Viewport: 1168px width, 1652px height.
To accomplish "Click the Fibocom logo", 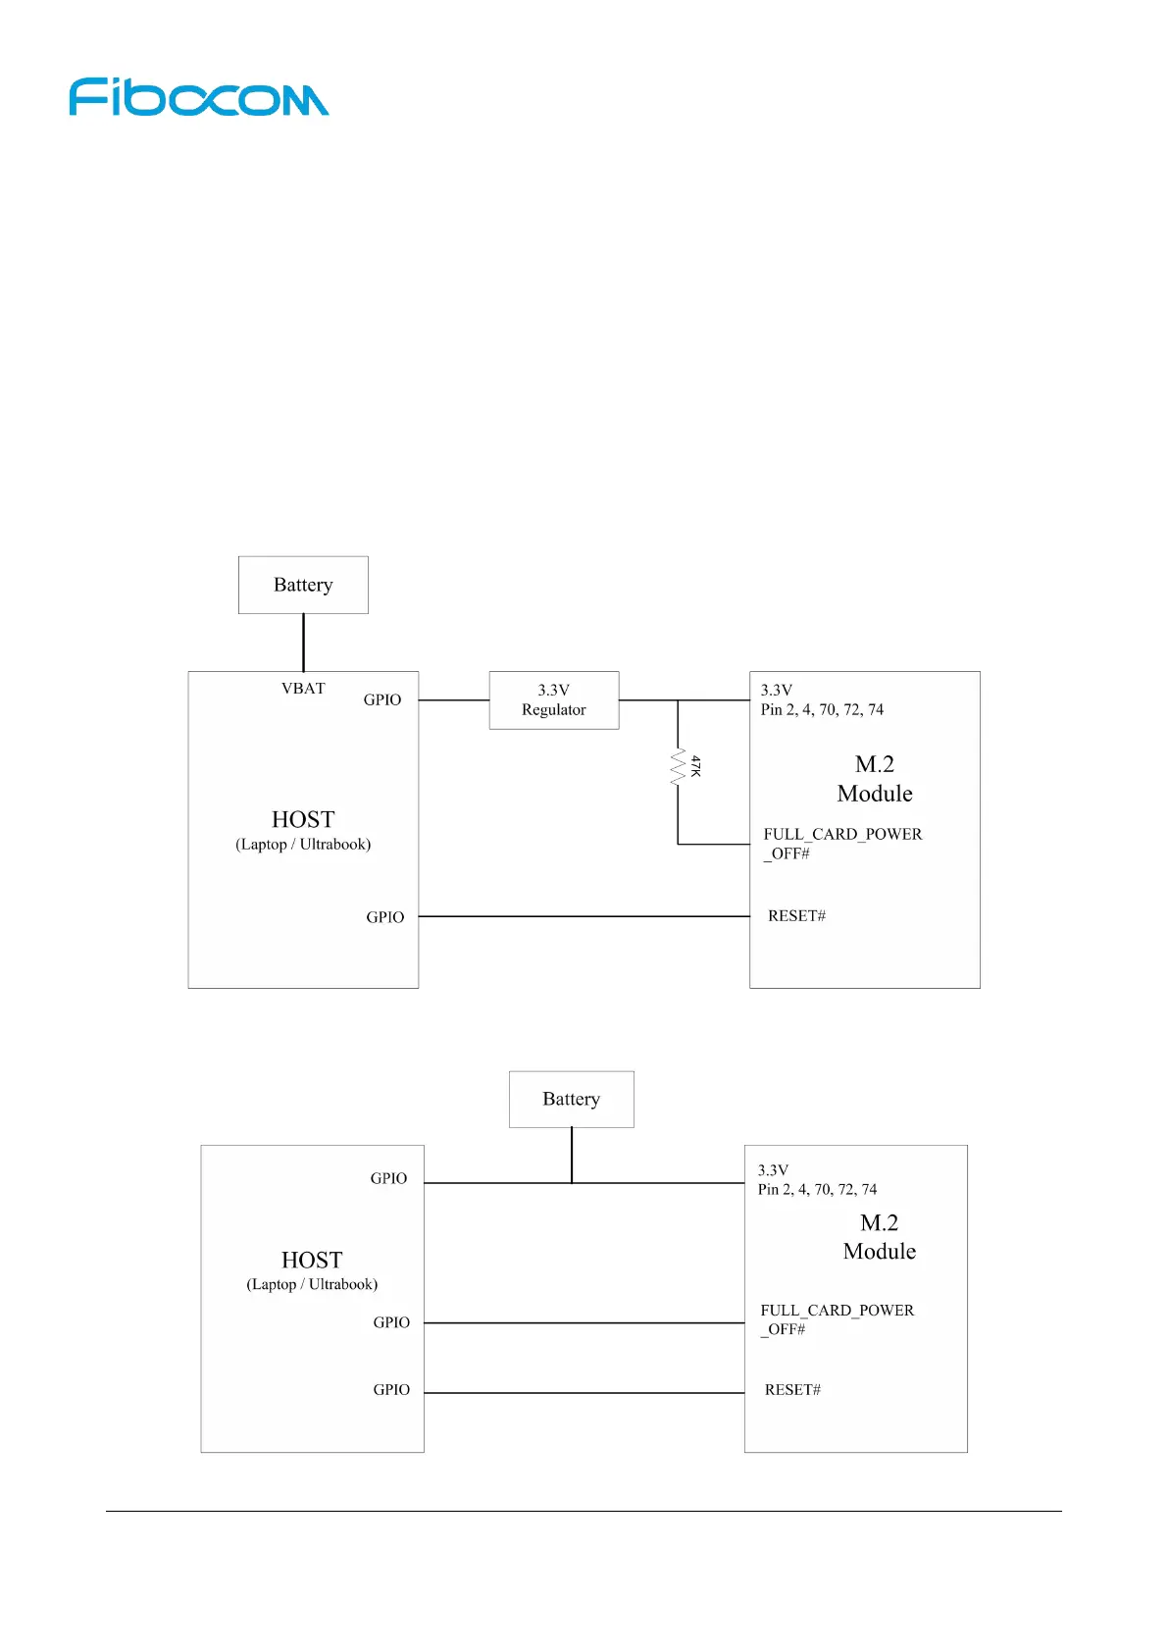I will click(x=198, y=97).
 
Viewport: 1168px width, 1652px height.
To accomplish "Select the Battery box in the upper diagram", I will click(x=303, y=585).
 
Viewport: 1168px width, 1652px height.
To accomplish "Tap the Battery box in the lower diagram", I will click(x=571, y=1099).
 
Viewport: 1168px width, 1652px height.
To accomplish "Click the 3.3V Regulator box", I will click(x=554, y=699).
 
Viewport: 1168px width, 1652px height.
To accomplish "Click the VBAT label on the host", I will click(x=303, y=689).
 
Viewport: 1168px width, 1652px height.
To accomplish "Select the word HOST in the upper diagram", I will click(x=303, y=819).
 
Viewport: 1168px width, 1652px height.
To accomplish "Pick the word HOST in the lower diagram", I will click(x=312, y=1260).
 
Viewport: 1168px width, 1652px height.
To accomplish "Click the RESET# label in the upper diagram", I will click(x=796, y=916).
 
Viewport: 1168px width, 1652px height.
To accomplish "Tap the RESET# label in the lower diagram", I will click(x=792, y=1390).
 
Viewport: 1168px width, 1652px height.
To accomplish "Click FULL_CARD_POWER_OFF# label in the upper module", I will click(x=842, y=844).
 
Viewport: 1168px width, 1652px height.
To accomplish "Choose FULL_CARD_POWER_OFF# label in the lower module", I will click(x=837, y=1319).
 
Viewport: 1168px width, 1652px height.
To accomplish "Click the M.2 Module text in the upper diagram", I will click(x=875, y=779).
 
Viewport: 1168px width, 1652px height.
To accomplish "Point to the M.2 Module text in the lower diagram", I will click(x=880, y=1237).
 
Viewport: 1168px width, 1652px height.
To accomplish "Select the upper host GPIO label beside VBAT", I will click(x=382, y=699).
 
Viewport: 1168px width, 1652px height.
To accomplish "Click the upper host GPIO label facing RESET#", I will click(x=385, y=917).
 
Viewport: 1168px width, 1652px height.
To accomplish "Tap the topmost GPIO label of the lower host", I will click(x=388, y=1178).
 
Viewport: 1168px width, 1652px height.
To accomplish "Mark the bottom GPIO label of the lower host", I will click(x=391, y=1390).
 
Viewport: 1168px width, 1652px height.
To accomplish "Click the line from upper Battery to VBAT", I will click(x=303, y=643).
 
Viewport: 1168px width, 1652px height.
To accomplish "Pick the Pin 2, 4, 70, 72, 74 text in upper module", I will click(x=822, y=709).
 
